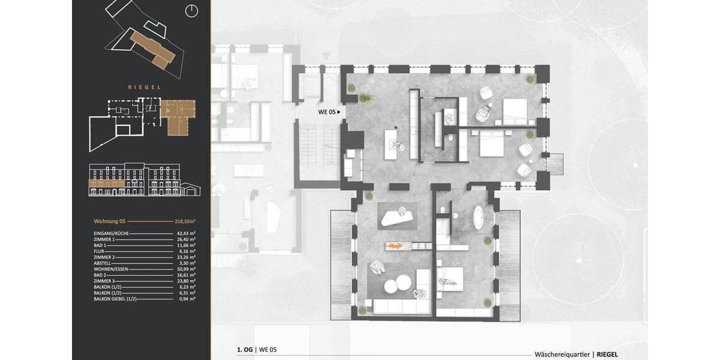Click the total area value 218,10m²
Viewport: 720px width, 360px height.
(185, 221)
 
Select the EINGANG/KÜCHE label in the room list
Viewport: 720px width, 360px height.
(111, 233)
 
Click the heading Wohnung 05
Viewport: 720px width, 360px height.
(109, 221)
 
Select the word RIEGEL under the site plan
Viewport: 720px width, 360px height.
(144, 87)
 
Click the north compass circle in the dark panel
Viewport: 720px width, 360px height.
(192, 10)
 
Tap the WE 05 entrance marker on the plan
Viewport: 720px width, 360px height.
(329, 112)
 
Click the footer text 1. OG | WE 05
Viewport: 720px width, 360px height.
(257, 349)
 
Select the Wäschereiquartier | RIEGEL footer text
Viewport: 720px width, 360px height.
(576, 354)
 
